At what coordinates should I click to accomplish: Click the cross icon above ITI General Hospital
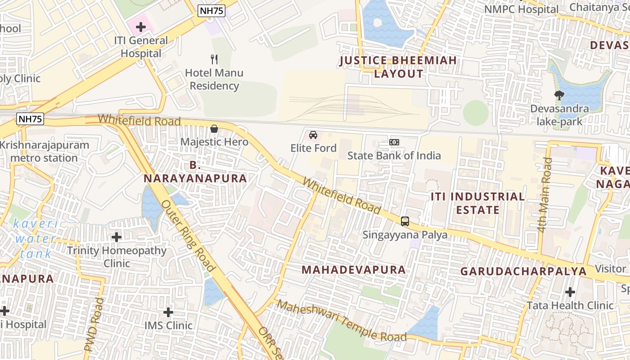coord(141,27)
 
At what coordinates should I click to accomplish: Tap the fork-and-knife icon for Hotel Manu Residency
coord(215,59)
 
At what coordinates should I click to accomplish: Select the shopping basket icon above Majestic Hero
coord(214,129)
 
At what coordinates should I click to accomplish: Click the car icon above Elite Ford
coord(313,135)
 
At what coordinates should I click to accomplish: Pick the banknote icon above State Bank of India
coord(394,142)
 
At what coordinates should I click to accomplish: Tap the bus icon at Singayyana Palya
coord(405,221)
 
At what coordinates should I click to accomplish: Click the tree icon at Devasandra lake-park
coord(559,95)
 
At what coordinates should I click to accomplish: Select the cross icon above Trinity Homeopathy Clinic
coord(117,237)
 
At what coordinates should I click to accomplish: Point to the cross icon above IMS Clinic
coord(168,312)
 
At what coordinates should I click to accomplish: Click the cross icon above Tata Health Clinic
coord(570,292)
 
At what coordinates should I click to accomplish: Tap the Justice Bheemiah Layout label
coord(399,67)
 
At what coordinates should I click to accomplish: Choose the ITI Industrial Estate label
coord(477,203)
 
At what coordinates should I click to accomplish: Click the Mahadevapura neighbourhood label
coord(354,270)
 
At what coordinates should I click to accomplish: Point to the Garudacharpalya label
coord(523,271)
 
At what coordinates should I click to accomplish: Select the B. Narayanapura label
coord(195,171)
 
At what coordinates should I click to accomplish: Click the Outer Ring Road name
coord(188,235)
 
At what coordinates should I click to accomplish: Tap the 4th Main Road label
coord(545,195)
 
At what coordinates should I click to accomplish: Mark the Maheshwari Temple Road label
coord(342,321)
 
